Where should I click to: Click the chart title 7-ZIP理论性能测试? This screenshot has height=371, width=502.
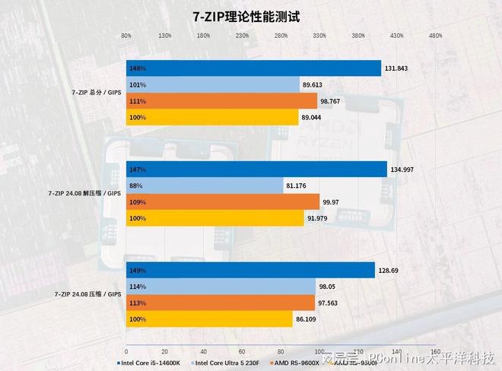pos(251,15)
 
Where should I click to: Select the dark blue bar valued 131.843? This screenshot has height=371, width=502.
pos(253,68)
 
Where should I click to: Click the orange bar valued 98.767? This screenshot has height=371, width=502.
pos(221,101)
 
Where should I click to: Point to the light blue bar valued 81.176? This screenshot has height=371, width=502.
pos(205,185)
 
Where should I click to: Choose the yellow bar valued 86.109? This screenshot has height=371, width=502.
pos(209,319)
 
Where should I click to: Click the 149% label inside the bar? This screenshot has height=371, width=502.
pos(138,271)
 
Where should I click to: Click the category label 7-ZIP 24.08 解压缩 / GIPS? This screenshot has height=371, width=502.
pos(84,194)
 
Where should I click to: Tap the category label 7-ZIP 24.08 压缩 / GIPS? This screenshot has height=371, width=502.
pos(87,294)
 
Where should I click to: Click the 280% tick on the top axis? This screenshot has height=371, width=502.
pos(281,36)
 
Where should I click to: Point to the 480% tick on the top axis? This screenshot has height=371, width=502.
pos(435,36)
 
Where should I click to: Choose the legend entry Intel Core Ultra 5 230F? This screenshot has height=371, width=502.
pos(227,363)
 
